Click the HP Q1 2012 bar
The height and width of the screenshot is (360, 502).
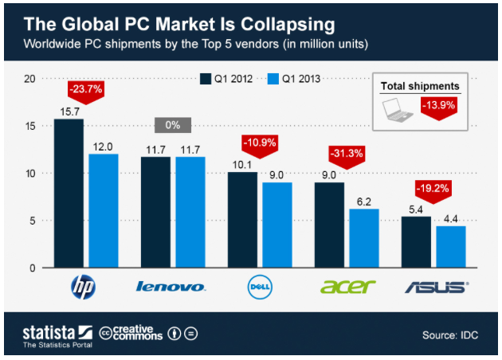click(x=69, y=193)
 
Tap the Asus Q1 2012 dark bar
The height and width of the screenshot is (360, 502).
click(x=417, y=242)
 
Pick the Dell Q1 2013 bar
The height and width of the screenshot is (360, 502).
click(x=277, y=225)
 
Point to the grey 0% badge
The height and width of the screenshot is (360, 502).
click(x=172, y=125)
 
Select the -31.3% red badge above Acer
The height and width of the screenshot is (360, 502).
click(x=347, y=153)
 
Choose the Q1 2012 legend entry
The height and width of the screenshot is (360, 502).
click(x=231, y=79)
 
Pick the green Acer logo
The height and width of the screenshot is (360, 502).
click(x=347, y=286)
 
